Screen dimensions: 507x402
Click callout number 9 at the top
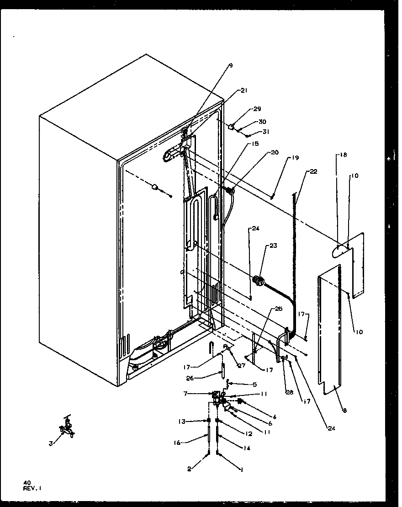[x=231, y=66]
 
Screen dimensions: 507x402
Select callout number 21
[x=243, y=91]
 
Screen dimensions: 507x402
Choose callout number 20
[x=275, y=153]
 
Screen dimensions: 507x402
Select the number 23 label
[x=273, y=245]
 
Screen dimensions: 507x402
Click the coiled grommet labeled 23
[x=259, y=282]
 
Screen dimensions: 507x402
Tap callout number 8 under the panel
[x=344, y=411]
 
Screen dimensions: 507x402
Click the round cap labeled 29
[x=232, y=127]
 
